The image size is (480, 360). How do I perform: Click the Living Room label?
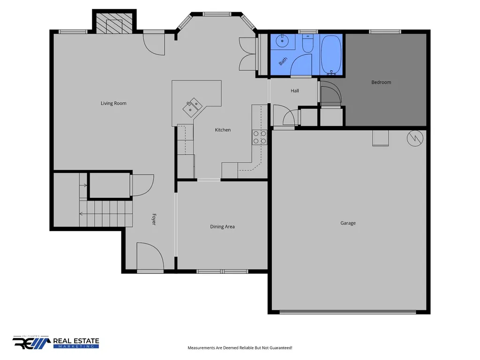click(113, 104)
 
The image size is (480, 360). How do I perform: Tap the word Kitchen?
click(223, 130)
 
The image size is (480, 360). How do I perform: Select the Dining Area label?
click(222, 227)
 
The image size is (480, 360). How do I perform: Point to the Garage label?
click(348, 223)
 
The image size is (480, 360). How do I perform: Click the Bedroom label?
click(381, 82)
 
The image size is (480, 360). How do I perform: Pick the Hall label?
click(295, 90)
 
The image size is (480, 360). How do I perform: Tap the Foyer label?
click(154, 219)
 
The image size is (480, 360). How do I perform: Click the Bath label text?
click(283, 61)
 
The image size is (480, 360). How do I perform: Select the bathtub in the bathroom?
click(331, 55)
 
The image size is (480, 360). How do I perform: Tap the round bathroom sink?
click(282, 41)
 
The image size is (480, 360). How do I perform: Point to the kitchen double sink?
click(193, 107)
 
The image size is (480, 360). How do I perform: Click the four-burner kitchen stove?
click(260, 137)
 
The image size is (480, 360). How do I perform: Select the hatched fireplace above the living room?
click(114, 24)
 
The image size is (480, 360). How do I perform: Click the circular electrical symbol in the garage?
click(415, 138)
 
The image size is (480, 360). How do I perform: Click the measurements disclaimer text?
click(240, 348)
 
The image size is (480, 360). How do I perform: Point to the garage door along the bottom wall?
click(348, 312)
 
